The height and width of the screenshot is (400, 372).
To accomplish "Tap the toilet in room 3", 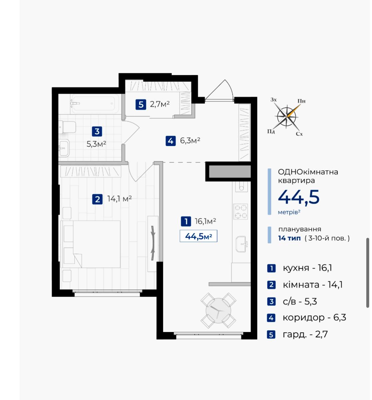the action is [x=67, y=127].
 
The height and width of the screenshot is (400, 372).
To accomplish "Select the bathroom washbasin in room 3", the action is [x=64, y=148].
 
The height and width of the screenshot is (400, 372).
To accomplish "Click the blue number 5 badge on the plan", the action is [x=141, y=105].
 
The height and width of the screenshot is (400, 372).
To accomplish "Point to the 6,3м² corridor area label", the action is [x=190, y=140].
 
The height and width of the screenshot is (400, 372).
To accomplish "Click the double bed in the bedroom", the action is [x=91, y=244].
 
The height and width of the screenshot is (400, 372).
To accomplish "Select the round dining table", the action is [x=218, y=310].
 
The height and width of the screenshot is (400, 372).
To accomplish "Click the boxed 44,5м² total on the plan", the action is [x=198, y=236].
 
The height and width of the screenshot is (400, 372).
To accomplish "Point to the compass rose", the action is [x=287, y=117].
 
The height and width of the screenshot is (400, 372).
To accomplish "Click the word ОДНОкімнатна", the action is [x=308, y=172].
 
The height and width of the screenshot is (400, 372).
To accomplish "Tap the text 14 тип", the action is [x=289, y=238].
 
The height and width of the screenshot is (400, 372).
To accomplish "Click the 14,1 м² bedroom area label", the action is [x=119, y=199].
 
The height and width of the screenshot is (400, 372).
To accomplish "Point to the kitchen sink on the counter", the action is [x=241, y=244].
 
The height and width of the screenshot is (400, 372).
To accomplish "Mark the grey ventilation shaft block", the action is [x=230, y=171].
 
